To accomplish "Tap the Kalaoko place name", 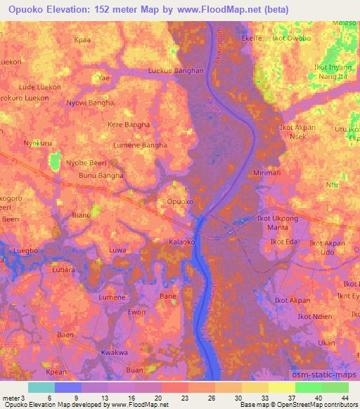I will click(181, 241).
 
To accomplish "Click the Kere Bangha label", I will click(128, 124).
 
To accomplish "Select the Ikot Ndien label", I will click(314, 316).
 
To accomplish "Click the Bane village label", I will click(168, 297).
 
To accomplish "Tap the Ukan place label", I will click(326, 343).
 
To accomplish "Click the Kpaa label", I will click(82, 41).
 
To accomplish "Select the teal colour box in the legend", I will click(41, 387).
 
